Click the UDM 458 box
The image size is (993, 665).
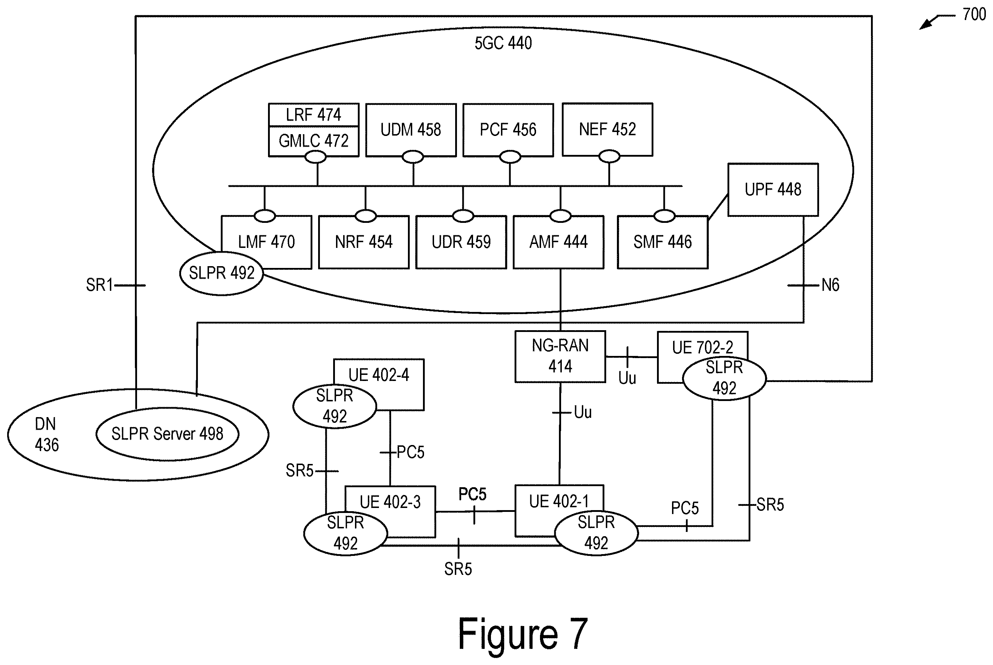(x=410, y=130)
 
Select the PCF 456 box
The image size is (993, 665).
(x=508, y=130)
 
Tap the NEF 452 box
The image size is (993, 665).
(x=607, y=129)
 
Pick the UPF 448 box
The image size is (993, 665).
(x=773, y=190)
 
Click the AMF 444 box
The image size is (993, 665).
(x=558, y=242)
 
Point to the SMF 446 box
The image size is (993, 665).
(x=663, y=242)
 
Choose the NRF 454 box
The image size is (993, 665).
(x=364, y=242)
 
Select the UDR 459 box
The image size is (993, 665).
(x=461, y=242)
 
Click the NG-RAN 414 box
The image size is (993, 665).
(x=560, y=357)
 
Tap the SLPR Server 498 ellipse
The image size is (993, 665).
(x=167, y=434)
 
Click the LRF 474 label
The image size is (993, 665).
(x=313, y=115)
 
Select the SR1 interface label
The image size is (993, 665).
(x=99, y=285)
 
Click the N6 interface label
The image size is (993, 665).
(x=830, y=285)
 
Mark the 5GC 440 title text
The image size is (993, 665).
(x=503, y=43)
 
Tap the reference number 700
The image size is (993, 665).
(x=974, y=14)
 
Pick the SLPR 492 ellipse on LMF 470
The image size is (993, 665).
(x=222, y=273)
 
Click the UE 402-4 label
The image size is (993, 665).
(x=378, y=375)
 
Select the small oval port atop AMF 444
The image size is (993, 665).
(x=560, y=216)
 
